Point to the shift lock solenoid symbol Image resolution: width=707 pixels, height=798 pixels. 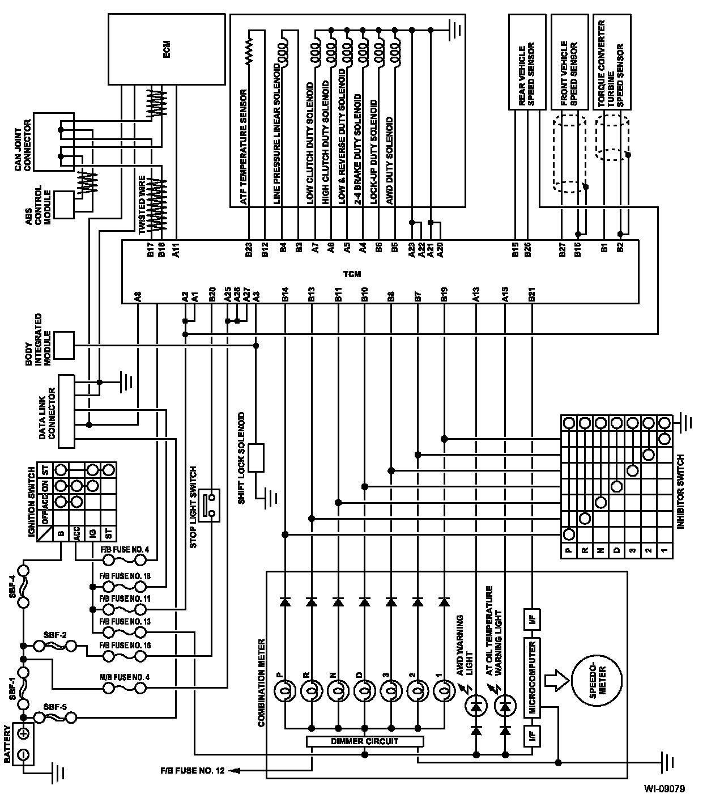pyautogui.click(x=257, y=458)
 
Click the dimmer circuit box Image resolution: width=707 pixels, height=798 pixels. pyautogui.click(x=364, y=741)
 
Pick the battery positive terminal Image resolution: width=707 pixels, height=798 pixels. pyautogui.click(x=23, y=732)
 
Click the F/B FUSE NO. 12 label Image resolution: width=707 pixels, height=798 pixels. pyautogui.click(x=192, y=771)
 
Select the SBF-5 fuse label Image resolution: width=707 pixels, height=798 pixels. pyautogui.click(x=56, y=707)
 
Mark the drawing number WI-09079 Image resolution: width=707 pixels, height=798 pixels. pyautogui.click(x=664, y=788)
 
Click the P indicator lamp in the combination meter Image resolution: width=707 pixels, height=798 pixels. pyautogui.click(x=284, y=691)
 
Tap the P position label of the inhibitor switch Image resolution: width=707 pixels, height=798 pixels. pyautogui.click(x=569, y=550)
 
